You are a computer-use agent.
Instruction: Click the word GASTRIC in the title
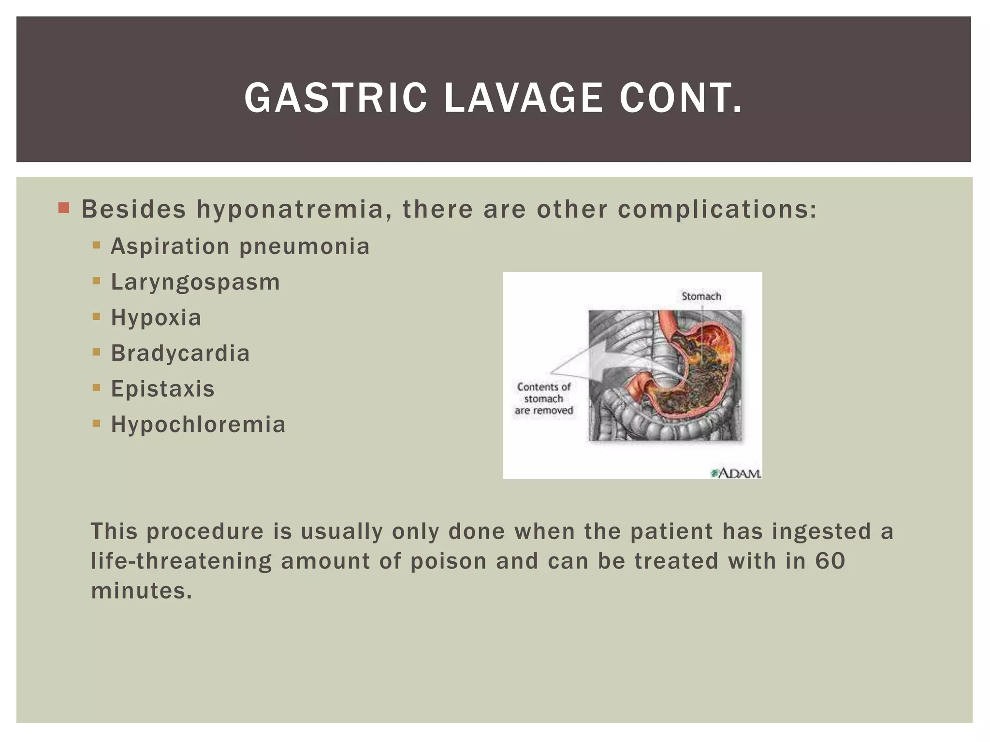pos(336,98)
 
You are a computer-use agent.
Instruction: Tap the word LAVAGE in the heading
pos(524,98)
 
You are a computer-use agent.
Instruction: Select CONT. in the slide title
pos(681,98)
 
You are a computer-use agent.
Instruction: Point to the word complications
pos(717,210)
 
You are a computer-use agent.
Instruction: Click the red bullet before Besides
pos(63,208)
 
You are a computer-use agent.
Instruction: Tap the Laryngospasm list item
pos(195,283)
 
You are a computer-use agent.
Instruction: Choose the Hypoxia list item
pos(156,318)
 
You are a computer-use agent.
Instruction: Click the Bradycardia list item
pos(180,353)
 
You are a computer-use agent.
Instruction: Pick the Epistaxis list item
pos(162,389)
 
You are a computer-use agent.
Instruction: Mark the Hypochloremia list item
pos(198,425)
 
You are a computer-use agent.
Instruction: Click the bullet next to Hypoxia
pos(96,317)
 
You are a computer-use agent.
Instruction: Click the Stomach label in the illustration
pos(701,296)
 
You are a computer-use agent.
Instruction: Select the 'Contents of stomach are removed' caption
pos(544,399)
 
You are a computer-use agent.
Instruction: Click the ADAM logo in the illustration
pos(736,473)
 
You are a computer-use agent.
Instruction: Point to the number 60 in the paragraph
pos(830,561)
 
